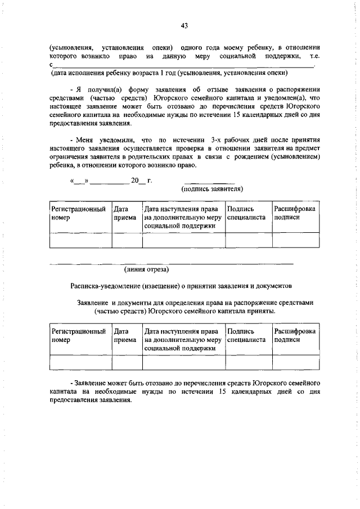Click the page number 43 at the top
(x=184, y=25)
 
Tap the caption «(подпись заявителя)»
(x=211, y=189)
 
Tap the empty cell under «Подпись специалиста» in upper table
(x=248, y=240)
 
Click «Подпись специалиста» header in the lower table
(x=247, y=336)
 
